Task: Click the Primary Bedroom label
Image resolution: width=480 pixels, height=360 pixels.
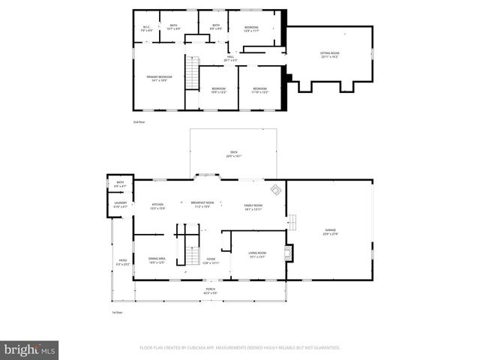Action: (159, 77)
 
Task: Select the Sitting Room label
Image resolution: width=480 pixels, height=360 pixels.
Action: (330, 54)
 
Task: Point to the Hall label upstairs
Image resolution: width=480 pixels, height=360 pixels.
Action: (230, 58)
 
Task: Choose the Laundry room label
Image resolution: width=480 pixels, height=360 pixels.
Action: (120, 204)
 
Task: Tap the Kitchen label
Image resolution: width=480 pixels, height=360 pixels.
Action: (158, 206)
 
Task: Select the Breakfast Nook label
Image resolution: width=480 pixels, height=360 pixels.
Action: (202, 205)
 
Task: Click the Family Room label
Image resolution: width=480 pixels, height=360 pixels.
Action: (253, 207)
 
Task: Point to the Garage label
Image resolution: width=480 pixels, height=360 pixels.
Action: (330, 232)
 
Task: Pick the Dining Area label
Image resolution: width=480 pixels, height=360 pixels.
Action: (157, 260)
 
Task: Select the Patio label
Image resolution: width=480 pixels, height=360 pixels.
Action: (123, 262)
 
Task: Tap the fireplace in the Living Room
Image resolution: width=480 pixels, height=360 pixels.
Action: (289, 253)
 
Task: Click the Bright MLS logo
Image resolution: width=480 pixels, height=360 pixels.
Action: (29, 349)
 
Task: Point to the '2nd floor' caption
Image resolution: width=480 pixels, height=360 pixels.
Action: (138, 121)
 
